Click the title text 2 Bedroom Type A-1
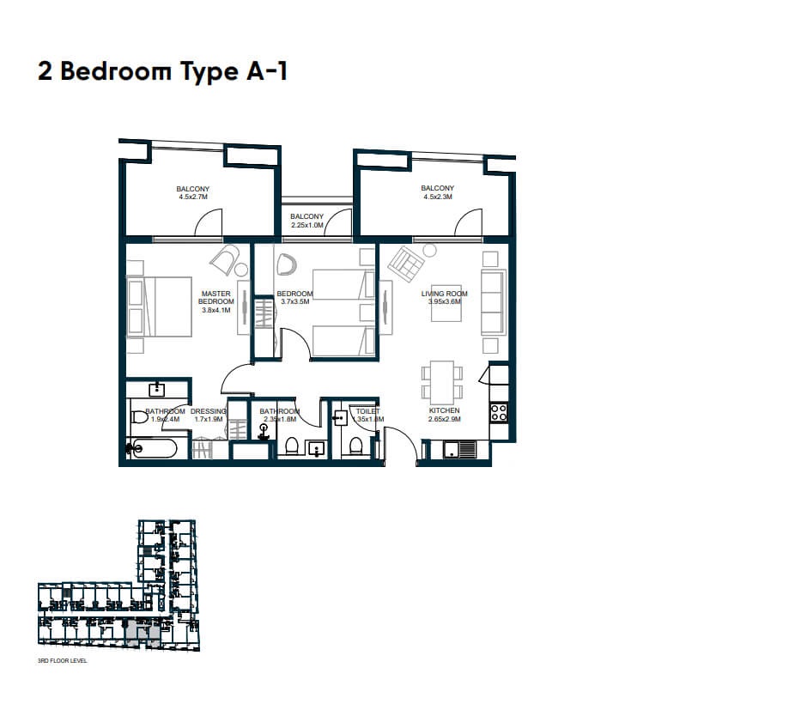(x=162, y=71)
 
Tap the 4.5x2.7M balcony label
(x=193, y=193)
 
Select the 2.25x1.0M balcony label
(x=306, y=222)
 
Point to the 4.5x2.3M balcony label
(x=437, y=193)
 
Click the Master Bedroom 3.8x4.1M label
(x=216, y=301)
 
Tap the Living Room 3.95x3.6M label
(x=444, y=299)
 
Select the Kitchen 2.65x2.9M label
(x=444, y=416)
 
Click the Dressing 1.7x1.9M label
(x=208, y=416)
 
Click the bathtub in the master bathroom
(x=153, y=447)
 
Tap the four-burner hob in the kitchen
(x=498, y=412)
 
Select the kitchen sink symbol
(x=459, y=448)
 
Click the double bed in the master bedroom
(x=160, y=306)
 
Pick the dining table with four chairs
(x=441, y=382)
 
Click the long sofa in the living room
(x=492, y=302)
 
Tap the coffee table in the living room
(x=445, y=307)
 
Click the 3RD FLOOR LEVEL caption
(x=63, y=662)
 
